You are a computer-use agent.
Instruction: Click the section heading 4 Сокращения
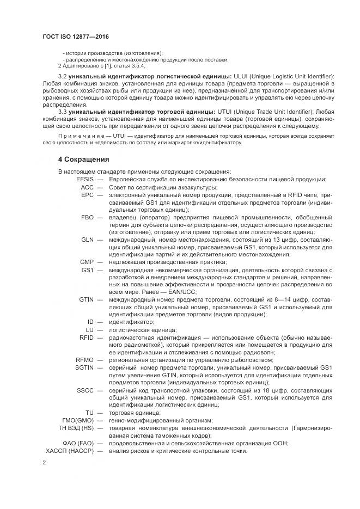pos(84,160)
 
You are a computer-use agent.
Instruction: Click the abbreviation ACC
pos(88,187)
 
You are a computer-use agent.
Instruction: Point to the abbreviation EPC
pos(88,195)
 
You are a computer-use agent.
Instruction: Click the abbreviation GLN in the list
pos(88,240)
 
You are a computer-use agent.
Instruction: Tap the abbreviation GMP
pos(87,262)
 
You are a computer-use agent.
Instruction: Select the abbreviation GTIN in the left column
pos(86,299)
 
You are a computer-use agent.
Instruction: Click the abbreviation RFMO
pos(85,360)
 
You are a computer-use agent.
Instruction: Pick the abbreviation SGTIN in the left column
pos(84,367)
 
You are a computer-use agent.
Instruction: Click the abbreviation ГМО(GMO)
pos(76,420)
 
